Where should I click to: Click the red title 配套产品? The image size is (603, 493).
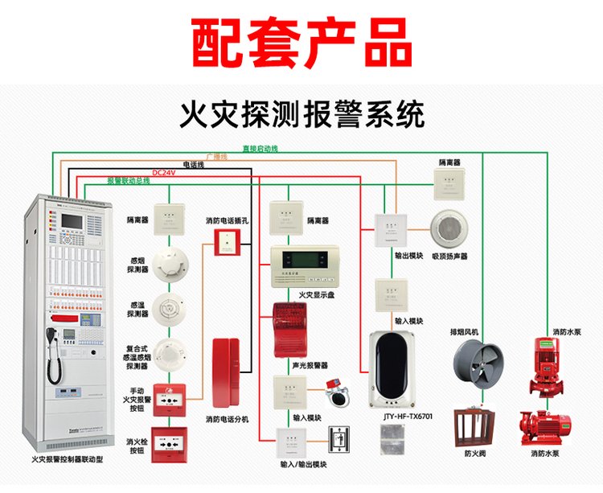click(x=301, y=40)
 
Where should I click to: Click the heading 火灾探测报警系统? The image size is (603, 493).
click(x=301, y=115)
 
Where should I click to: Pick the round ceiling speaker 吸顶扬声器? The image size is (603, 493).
click(x=449, y=229)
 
